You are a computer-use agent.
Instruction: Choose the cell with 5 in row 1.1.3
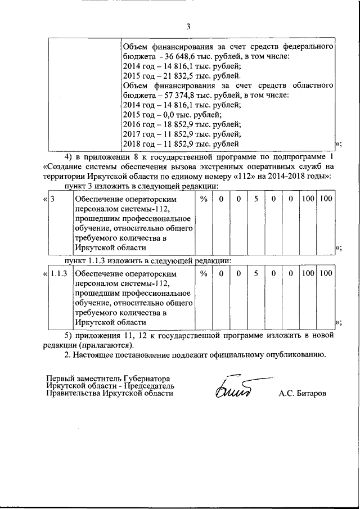pos(256,273)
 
